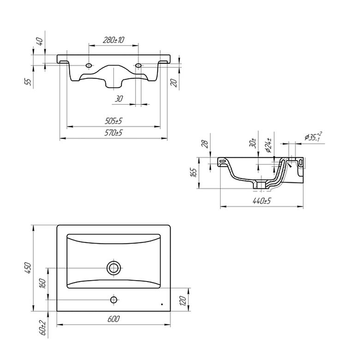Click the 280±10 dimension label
[x=114, y=40]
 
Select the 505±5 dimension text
[x=114, y=121]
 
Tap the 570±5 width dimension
[x=114, y=133]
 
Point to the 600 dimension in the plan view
[x=114, y=319]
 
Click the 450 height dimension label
[x=28, y=268]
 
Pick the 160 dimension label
[x=42, y=283]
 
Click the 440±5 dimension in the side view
[x=262, y=201]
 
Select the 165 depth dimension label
[x=193, y=173]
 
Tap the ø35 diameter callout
[x=313, y=137]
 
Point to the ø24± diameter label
[x=269, y=145]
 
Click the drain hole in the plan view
[x=114, y=268]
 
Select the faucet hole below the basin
[x=114, y=300]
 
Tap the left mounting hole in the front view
[x=89, y=66]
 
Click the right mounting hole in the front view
[x=138, y=66]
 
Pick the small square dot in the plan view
[x=162, y=305]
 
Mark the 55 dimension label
[x=28, y=82]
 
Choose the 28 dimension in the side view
[x=205, y=144]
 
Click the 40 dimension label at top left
[x=40, y=42]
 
